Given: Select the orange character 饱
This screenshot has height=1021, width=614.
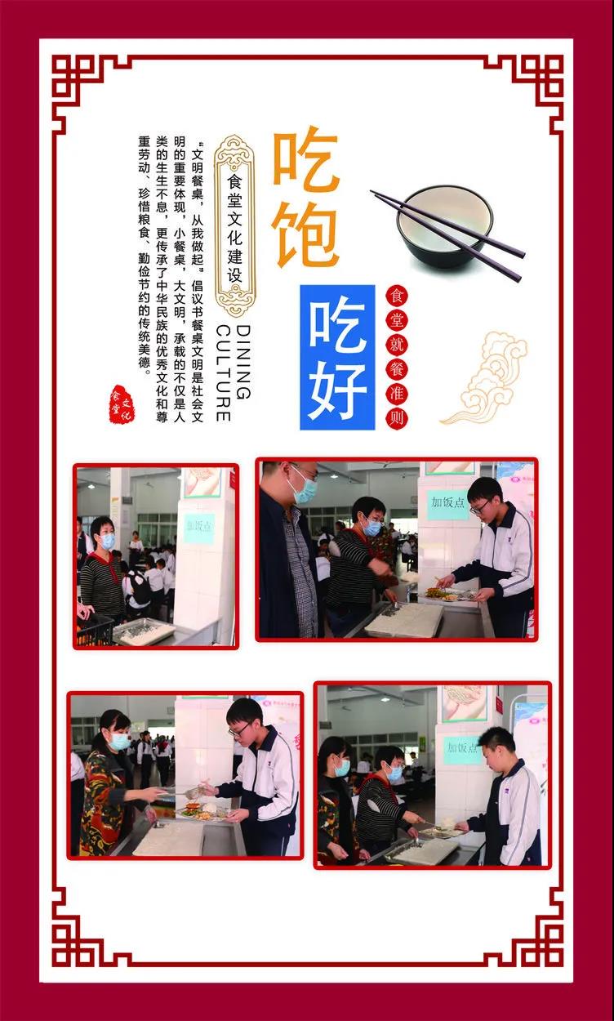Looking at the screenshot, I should (305, 234).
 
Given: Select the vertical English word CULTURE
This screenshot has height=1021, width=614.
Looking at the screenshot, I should (223, 372).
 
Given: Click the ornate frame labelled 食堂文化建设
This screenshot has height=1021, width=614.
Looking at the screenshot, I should (235, 225).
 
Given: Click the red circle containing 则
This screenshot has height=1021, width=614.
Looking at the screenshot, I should (397, 418).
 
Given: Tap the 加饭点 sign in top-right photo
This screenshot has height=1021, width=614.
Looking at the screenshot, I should (448, 504).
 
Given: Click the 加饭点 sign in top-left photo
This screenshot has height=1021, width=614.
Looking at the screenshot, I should (198, 527).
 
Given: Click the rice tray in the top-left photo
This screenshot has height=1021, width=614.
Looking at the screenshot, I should (144, 631).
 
